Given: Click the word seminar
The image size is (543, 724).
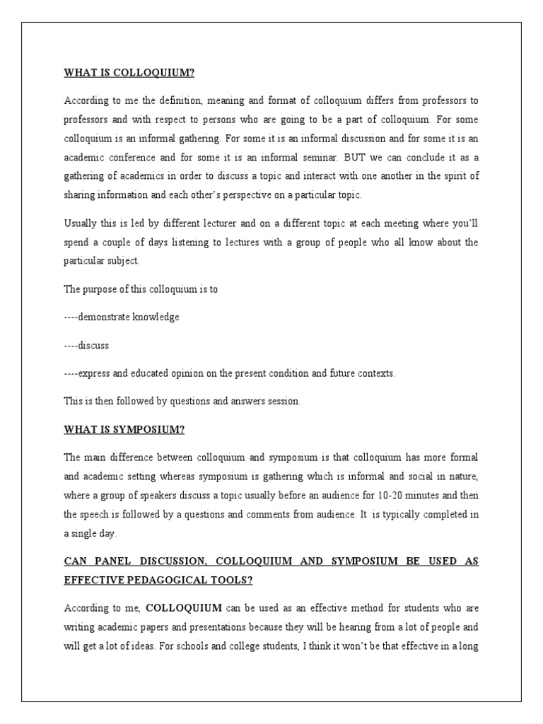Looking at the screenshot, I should [322, 157].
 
